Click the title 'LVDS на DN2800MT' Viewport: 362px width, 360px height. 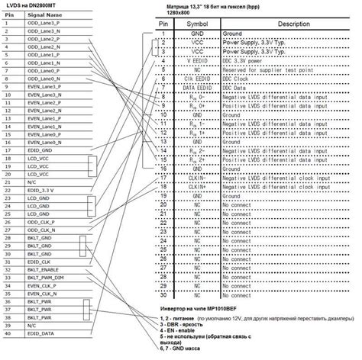tap(34, 5)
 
